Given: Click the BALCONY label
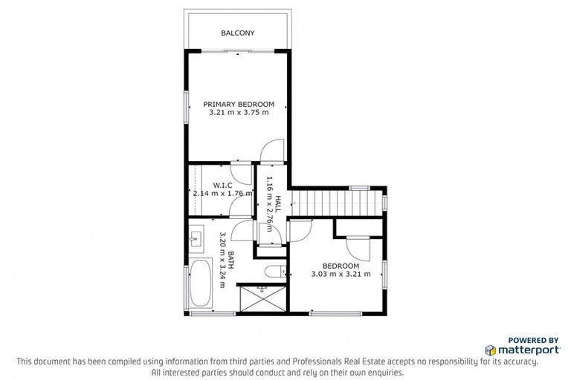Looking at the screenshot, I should [237, 33].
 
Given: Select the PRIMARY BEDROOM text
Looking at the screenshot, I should [239, 104].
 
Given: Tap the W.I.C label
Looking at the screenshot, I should [223, 184].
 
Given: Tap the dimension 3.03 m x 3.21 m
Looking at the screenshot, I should [340, 274].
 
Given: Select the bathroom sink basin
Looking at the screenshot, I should [196, 237].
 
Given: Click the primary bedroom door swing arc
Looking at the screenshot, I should [273, 151].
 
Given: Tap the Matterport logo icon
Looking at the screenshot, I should [490, 349].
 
